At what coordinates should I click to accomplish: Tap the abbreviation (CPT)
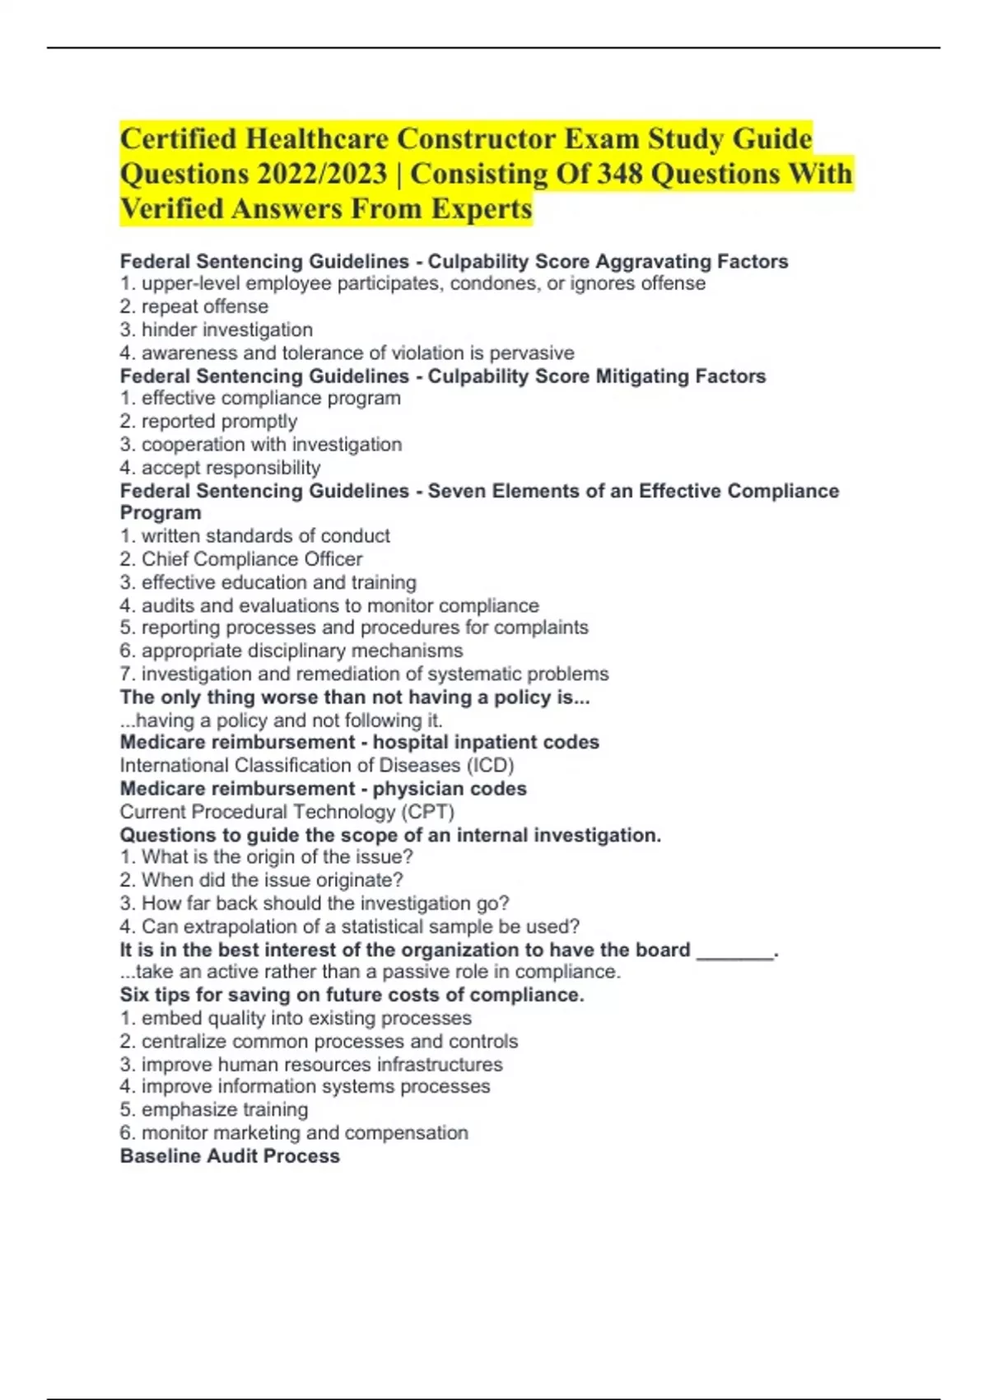[428, 812]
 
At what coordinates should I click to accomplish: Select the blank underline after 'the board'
[734, 951]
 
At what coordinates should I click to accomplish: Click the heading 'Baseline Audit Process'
[230, 1156]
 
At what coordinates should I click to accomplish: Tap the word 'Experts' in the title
[482, 209]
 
